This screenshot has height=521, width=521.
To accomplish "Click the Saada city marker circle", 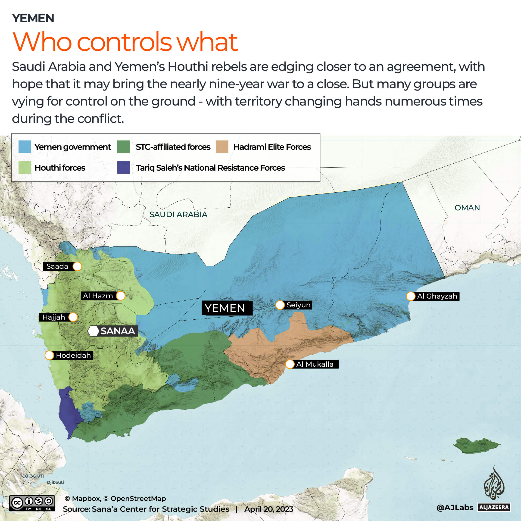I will click(x=77, y=266).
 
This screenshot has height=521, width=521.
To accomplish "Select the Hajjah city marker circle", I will click(x=73, y=317).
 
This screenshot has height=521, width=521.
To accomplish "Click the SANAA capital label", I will click(x=117, y=331).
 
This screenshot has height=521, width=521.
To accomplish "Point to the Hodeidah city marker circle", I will click(x=49, y=355).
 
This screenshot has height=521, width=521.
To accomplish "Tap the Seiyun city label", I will click(x=298, y=305).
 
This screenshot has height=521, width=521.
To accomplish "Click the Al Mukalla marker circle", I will click(x=290, y=364).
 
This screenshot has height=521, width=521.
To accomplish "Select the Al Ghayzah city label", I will click(x=437, y=296).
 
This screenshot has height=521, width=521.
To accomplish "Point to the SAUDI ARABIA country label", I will click(x=178, y=214).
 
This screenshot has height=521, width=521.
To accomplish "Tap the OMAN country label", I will click(x=467, y=208).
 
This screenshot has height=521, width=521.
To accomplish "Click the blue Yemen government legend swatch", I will click(x=25, y=147).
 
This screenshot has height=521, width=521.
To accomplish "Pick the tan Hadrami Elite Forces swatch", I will click(x=222, y=147).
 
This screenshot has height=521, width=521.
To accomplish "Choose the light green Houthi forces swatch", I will click(x=25, y=168).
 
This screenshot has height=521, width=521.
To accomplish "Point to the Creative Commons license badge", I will click(x=32, y=503).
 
